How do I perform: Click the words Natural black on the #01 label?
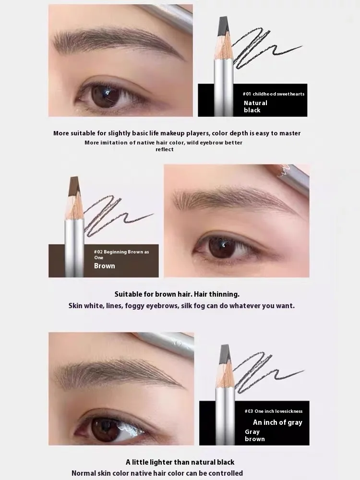pos(256,107)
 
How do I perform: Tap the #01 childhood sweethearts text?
pos(274,94)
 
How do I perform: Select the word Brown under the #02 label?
pos(104,266)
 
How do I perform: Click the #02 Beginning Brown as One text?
pos(121,254)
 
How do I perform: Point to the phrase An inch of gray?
pos(277,422)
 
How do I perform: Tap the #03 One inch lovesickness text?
pos(274,411)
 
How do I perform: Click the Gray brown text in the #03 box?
pos(255,435)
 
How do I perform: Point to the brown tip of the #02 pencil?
pos(74,185)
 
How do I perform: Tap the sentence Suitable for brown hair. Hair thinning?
pos(177,294)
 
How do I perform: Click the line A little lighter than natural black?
pos(180,462)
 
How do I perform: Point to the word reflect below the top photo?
pos(165,149)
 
